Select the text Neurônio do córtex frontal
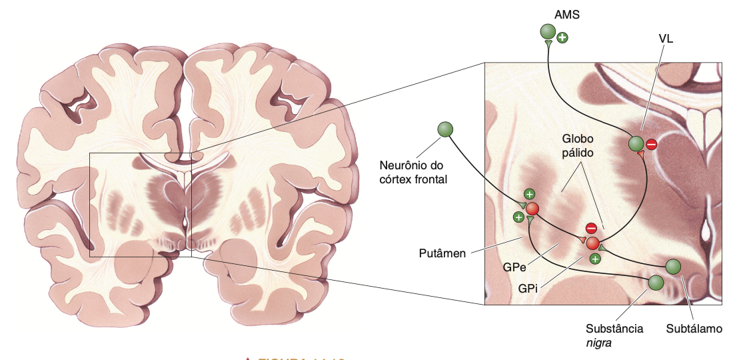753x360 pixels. pos(412,171)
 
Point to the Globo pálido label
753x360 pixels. pos(576,145)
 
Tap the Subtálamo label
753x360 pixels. pos(694,329)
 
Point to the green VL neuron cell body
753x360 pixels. pos(636,143)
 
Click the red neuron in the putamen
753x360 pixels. pos(532,210)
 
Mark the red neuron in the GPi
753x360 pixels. pos(592,243)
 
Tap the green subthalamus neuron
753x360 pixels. pos(673,267)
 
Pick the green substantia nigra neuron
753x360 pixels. pos(656,283)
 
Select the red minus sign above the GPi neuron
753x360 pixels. pos(590,229)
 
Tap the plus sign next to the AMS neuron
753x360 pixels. pos(562,37)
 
